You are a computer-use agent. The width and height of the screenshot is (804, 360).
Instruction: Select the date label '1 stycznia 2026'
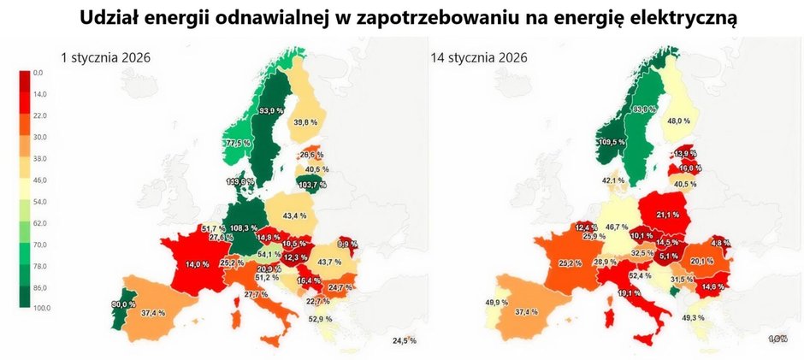click(x=105, y=58)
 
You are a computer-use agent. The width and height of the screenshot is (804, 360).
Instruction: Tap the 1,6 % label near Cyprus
click(x=777, y=339)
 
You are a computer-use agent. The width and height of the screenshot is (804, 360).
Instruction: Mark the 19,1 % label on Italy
click(x=629, y=293)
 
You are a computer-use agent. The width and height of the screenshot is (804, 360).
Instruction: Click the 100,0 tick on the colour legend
click(x=42, y=308)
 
